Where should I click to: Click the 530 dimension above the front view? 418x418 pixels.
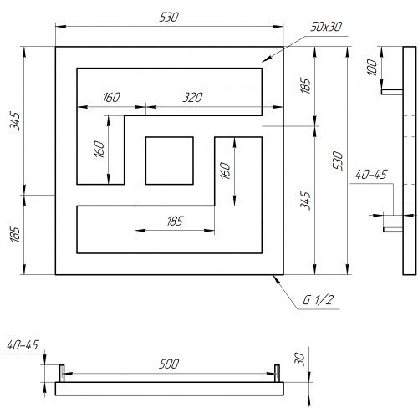tap(169, 18)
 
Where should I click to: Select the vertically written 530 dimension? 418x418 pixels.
tap(338, 161)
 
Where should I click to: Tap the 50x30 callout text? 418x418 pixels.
tap(326, 27)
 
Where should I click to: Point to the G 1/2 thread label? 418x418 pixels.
tap(318, 300)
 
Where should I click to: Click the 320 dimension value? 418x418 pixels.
tap(192, 98)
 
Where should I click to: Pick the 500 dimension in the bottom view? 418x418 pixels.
tap(169, 364)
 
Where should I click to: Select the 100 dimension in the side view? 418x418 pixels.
tap(372, 67)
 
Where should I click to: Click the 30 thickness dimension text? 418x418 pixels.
tap(299, 359)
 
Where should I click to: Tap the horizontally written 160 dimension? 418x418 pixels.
tap(111, 98)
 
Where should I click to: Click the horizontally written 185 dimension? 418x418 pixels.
tap(175, 222)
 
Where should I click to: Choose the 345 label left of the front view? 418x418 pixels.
tap(15, 121)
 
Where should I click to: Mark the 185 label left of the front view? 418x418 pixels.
tap(15, 234)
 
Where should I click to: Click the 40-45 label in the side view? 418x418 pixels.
tap(371, 175)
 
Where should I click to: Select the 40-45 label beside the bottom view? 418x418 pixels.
tap(23, 345)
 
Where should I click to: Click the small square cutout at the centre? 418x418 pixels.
tap(170, 161)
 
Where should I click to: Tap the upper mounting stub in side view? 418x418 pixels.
tap(392, 92)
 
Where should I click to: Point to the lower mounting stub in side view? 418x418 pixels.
tap(393, 229)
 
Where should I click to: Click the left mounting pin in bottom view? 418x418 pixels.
tap(62, 374)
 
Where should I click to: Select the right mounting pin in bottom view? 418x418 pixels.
tap(277, 374)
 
